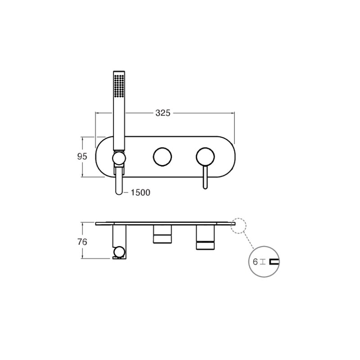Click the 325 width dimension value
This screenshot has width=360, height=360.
point(163,113)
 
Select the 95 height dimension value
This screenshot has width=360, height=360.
point(82,157)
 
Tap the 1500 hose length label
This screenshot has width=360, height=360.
point(140,193)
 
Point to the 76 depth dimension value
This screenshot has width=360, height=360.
point(82,242)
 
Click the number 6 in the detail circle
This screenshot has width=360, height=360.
point(255,262)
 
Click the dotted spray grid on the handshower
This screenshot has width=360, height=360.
point(119,86)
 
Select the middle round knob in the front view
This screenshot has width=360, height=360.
point(162,157)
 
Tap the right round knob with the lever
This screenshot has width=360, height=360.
point(205,157)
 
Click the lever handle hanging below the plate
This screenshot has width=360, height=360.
point(205,177)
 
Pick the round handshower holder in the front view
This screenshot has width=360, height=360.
point(119,158)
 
